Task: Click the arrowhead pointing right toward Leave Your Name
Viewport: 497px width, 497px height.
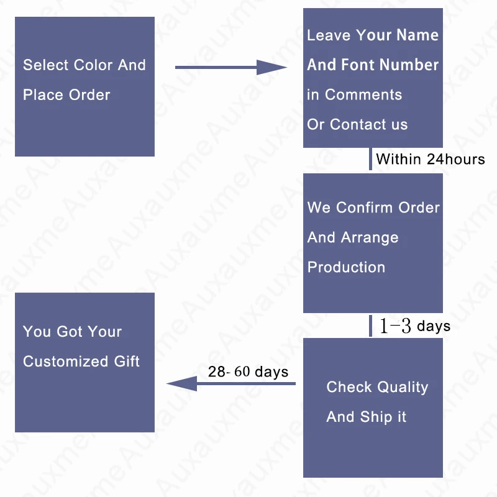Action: click(x=272, y=67)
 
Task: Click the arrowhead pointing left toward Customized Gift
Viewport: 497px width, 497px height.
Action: click(x=181, y=383)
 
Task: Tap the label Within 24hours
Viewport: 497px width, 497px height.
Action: click(x=430, y=159)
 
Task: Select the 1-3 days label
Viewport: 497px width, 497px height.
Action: click(x=414, y=326)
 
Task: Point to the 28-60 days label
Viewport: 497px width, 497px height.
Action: click(x=248, y=372)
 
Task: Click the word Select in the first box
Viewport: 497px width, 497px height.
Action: click(x=46, y=65)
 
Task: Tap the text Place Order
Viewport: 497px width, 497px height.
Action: click(x=66, y=95)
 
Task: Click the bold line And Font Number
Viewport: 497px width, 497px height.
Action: click(x=373, y=65)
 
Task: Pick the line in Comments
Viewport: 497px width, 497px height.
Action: click(x=354, y=94)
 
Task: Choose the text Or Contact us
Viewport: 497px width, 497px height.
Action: click(x=357, y=124)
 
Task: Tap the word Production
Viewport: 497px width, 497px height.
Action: click(x=346, y=267)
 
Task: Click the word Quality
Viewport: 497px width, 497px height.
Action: click(x=403, y=387)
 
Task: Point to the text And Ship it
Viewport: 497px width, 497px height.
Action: click(x=367, y=417)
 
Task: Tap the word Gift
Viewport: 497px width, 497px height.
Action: click(x=127, y=362)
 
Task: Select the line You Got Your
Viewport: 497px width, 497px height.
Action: click(x=72, y=332)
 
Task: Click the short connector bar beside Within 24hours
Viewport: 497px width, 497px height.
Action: click(x=370, y=159)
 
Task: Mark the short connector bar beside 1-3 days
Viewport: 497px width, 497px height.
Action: click(x=370, y=326)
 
